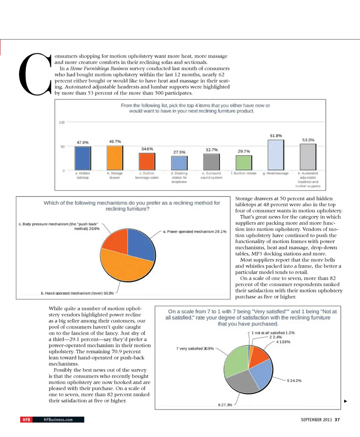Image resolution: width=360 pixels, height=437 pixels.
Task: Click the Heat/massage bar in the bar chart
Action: [275, 155]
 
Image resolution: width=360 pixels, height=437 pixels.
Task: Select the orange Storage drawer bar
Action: [115, 158]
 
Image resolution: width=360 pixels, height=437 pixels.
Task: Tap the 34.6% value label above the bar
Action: [147, 149]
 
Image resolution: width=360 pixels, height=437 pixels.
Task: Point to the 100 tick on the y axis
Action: [62, 123]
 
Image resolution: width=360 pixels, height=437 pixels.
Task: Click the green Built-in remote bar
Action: [243, 162]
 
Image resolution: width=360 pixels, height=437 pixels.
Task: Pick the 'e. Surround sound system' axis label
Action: [211, 176]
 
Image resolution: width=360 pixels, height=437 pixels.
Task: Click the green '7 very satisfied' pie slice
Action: [235, 360]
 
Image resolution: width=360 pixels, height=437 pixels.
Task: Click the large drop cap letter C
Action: [36, 74]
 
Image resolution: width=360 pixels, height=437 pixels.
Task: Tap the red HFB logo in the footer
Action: [27, 420]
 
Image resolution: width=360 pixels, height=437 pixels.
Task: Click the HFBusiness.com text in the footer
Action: [58, 420]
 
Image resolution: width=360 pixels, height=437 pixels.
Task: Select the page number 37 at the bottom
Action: [337, 420]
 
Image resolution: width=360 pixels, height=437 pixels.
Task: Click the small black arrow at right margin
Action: [345, 401]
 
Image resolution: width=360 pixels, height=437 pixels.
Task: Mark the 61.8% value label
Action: [276, 135]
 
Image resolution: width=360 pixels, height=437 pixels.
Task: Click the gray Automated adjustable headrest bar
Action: [307, 157]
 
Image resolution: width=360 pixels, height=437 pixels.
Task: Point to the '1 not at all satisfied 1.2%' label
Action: [273, 333]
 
